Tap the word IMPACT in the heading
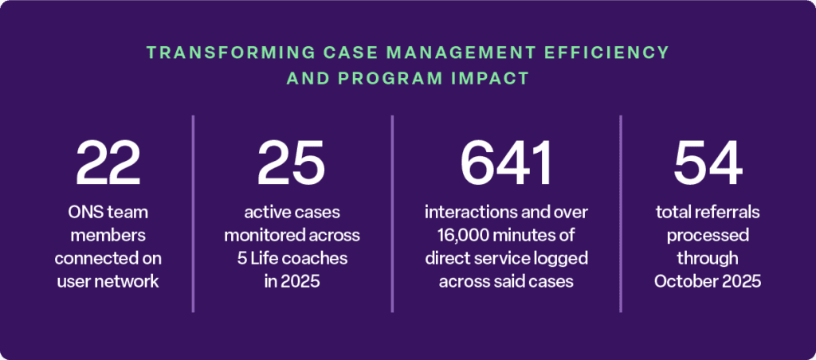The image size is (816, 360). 493,79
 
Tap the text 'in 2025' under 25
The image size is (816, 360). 292,281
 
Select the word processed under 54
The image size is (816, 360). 708,236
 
